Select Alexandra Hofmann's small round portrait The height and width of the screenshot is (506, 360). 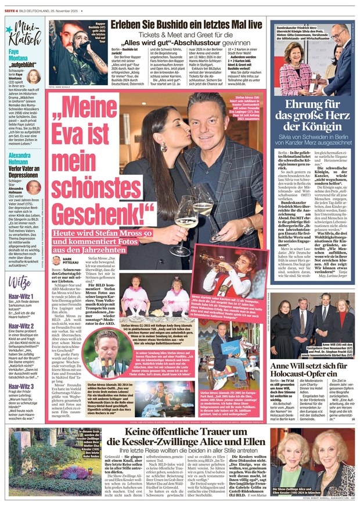[x=33, y=188]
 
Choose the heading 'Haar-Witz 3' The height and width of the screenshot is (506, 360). [x=19, y=378]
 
